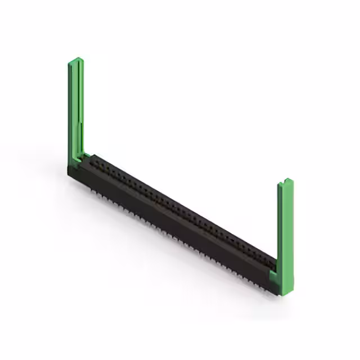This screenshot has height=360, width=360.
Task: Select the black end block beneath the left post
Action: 76,172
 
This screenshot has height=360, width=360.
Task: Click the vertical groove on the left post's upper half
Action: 78,90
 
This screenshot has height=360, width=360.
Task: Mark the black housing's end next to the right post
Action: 272,284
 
